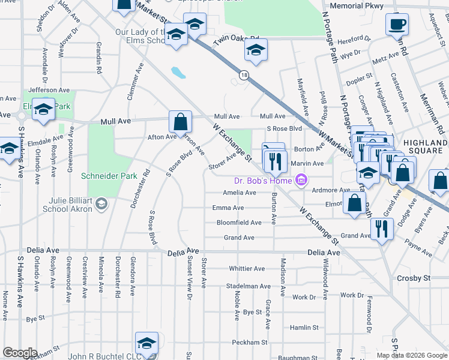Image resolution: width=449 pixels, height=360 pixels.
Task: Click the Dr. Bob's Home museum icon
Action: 301,180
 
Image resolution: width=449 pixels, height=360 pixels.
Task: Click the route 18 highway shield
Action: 243,75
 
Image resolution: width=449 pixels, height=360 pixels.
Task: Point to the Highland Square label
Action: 425,146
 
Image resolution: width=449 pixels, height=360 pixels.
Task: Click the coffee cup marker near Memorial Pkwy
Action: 397,24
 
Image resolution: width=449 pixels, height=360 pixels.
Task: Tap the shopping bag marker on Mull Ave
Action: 180,122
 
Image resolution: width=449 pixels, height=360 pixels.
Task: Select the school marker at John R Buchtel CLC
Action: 146,343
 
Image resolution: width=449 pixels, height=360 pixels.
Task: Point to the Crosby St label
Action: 414,278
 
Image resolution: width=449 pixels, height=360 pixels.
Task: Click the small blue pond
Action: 178,73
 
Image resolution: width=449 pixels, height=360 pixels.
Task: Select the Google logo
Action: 20,353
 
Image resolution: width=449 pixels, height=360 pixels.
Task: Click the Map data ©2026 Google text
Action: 411,355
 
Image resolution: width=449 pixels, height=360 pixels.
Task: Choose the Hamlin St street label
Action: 304,328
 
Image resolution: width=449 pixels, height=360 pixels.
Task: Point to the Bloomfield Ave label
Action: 239,223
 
